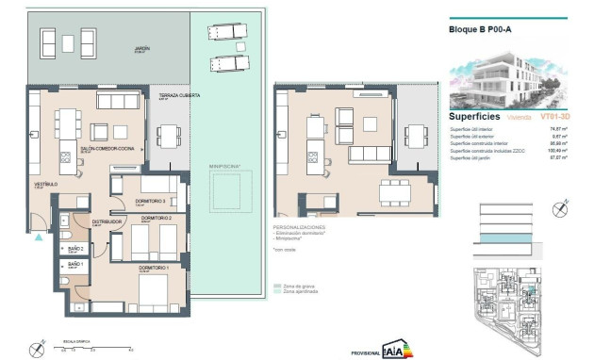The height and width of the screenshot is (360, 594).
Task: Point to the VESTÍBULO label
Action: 41,185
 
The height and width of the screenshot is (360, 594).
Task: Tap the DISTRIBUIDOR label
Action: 106,222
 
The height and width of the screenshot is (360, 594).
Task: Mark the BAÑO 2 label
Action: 74,248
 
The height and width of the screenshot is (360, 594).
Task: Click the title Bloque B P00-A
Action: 480,29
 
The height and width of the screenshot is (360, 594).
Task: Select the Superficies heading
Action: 476,117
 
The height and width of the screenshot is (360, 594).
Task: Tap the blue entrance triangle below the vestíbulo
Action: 38,237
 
